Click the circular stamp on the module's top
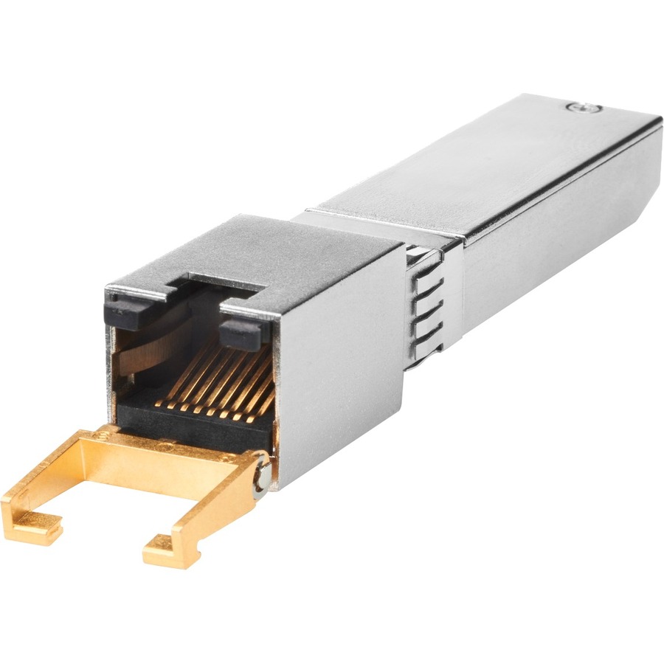click(584, 108)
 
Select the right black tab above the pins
click(241, 331)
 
